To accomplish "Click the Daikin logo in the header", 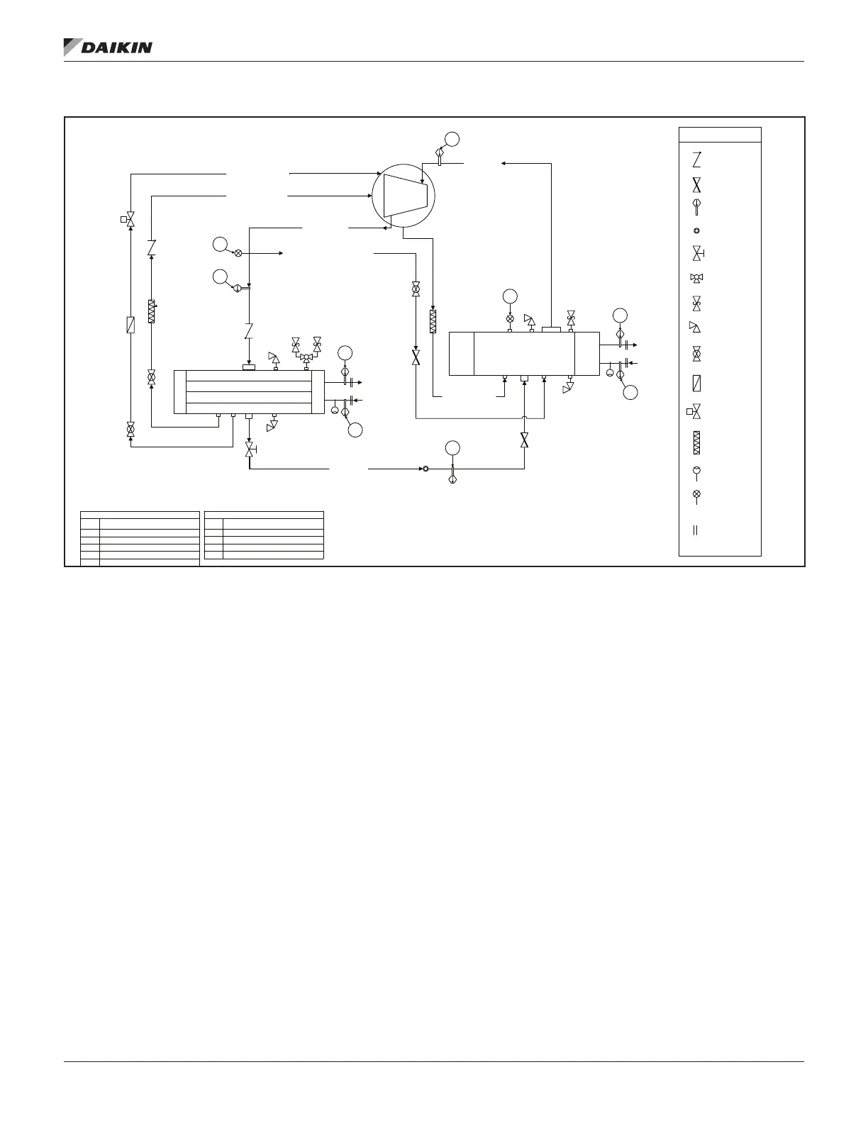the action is click(108, 47).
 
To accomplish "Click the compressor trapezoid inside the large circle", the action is click(405, 195).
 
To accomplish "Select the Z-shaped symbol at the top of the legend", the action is click(696, 159).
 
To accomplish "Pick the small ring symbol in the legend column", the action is click(696, 230).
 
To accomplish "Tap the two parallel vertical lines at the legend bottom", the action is click(696, 529).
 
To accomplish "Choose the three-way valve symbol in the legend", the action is click(696, 277).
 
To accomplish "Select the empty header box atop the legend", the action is click(720, 135).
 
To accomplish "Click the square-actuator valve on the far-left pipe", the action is click(129, 219).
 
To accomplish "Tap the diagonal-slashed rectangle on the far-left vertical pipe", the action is click(130, 325).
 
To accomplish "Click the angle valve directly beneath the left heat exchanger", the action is click(250, 449).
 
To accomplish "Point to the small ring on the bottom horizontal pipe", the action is click(425, 469).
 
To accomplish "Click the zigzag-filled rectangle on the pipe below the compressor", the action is click(433, 321).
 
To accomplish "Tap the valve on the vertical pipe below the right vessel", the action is click(524, 440).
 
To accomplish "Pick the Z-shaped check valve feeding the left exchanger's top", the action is click(248, 330).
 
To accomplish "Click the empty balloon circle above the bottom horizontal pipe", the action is click(452, 447).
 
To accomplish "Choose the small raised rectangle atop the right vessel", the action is click(551, 329).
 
